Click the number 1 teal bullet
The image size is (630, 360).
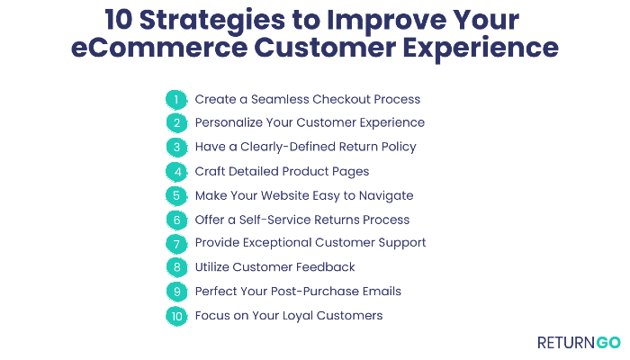[x=176, y=99]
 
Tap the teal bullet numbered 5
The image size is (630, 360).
[x=176, y=195]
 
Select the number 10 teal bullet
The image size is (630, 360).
[x=176, y=316]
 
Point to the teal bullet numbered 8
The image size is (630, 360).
[x=176, y=267]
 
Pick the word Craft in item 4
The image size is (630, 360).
[x=211, y=171]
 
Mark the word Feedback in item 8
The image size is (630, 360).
[x=327, y=267]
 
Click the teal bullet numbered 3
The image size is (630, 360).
[x=176, y=147]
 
